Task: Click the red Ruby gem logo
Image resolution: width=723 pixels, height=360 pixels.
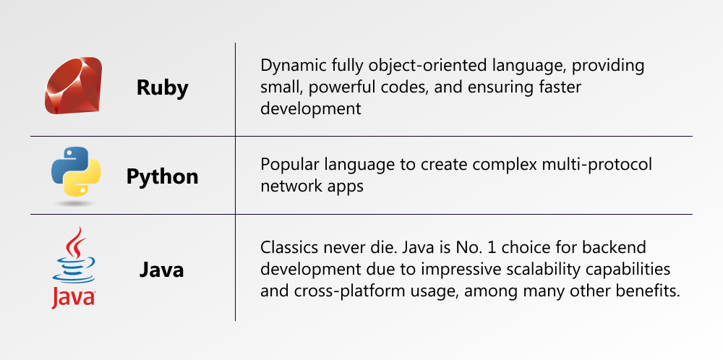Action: [73, 85]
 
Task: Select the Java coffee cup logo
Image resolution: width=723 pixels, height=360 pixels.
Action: [74, 267]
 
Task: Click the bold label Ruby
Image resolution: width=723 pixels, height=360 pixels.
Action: [162, 87]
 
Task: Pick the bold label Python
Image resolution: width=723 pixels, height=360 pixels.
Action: [162, 176]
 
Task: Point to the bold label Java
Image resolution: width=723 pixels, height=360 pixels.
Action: [162, 270]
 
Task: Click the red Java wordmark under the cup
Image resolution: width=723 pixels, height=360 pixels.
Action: [73, 298]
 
